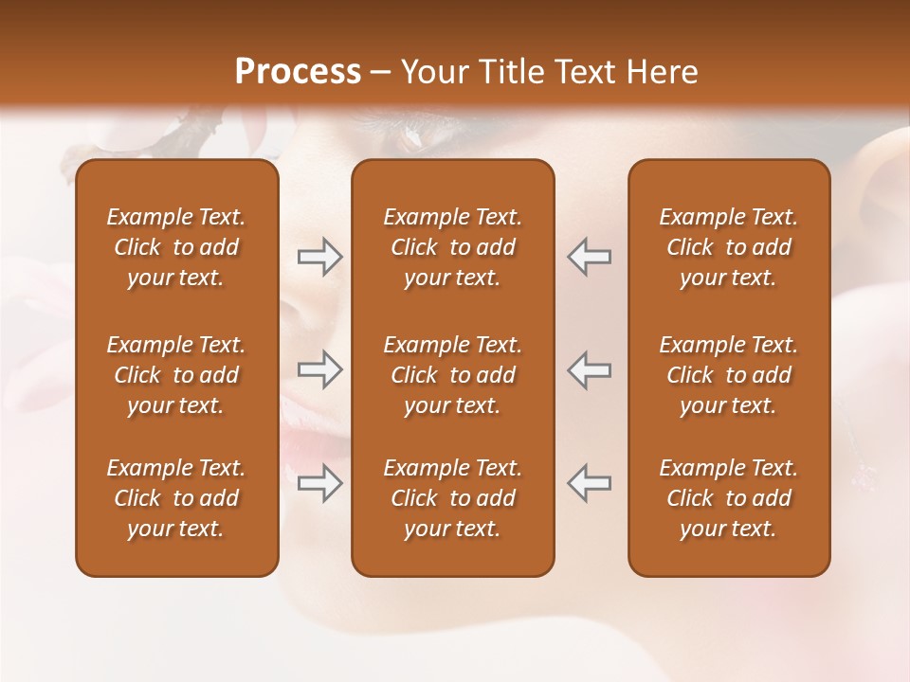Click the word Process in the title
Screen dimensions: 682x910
click(298, 72)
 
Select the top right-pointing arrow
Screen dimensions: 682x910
click(319, 256)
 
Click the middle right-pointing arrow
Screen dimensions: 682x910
click(319, 369)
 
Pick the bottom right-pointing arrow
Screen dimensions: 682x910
click(319, 483)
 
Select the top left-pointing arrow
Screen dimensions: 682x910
click(590, 256)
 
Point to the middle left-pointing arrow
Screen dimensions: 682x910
click(590, 369)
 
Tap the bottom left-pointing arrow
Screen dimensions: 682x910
click(590, 483)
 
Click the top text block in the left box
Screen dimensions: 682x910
click(176, 247)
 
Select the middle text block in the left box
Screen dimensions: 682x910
click(176, 375)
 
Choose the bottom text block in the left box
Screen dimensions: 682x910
click(176, 498)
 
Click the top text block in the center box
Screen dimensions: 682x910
click(453, 247)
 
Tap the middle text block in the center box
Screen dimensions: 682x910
click(453, 375)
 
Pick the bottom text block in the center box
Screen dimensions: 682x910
click(453, 498)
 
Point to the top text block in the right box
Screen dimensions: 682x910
click(729, 247)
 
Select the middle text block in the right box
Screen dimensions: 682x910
click(729, 375)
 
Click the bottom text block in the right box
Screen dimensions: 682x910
click(729, 498)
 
